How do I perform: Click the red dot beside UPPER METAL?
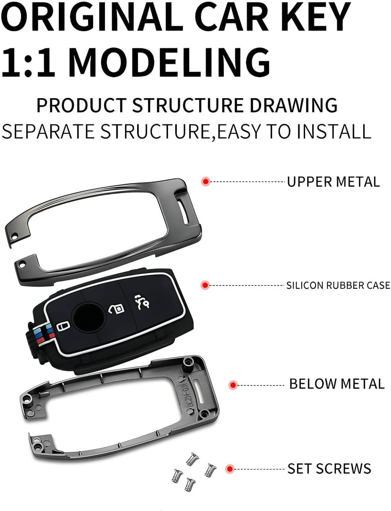pyautogui.click(x=206, y=182)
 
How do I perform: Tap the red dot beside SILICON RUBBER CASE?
pyautogui.click(x=205, y=285)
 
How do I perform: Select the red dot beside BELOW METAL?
pyautogui.click(x=232, y=385)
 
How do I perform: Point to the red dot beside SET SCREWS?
pyautogui.click(x=230, y=469)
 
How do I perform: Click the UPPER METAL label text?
pyautogui.click(x=333, y=182)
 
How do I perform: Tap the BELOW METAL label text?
pyautogui.click(x=336, y=384)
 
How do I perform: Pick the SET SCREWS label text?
pyautogui.click(x=329, y=469)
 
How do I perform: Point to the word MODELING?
pyautogui.click(x=169, y=61)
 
